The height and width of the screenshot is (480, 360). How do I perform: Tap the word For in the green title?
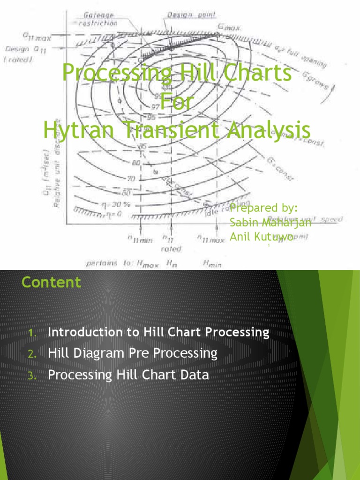coord(176,102)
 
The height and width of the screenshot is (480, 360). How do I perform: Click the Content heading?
coord(51,282)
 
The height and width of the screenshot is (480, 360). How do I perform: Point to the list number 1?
coord(31,333)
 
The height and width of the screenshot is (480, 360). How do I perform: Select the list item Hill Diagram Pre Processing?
coord(133,353)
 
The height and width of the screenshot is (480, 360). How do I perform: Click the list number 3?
coord(31,375)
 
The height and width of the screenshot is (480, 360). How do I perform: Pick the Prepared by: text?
coord(264,208)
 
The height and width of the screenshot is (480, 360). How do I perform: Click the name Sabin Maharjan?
coord(270,222)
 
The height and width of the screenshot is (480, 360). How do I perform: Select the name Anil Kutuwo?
coord(262,237)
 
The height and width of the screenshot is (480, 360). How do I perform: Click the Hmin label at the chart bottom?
coord(212,264)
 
